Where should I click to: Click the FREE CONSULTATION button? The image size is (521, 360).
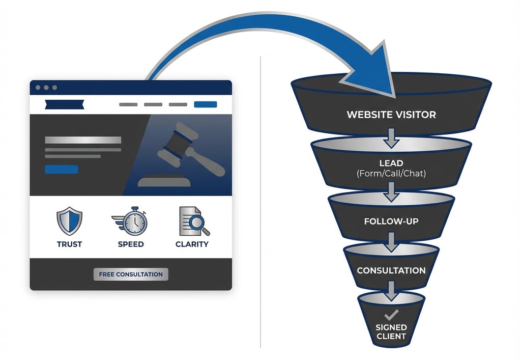pos(131,274)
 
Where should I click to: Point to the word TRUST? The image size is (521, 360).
pos(69,244)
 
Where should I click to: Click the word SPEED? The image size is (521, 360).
pos(131,244)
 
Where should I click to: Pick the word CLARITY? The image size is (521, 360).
pos(192,244)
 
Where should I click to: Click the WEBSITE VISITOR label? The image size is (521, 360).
pos(391,115)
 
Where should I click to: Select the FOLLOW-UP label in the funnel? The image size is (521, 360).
pos(391,221)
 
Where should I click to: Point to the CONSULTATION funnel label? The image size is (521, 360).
pos(391,270)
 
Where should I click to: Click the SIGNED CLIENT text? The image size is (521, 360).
pos(391,331)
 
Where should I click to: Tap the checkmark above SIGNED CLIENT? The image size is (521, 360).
pos(391,315)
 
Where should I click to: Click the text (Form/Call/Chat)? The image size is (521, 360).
pos(391,174)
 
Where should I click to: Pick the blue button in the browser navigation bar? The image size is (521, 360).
pos(206,104)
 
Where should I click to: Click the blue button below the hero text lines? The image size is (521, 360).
pos(62,170)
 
